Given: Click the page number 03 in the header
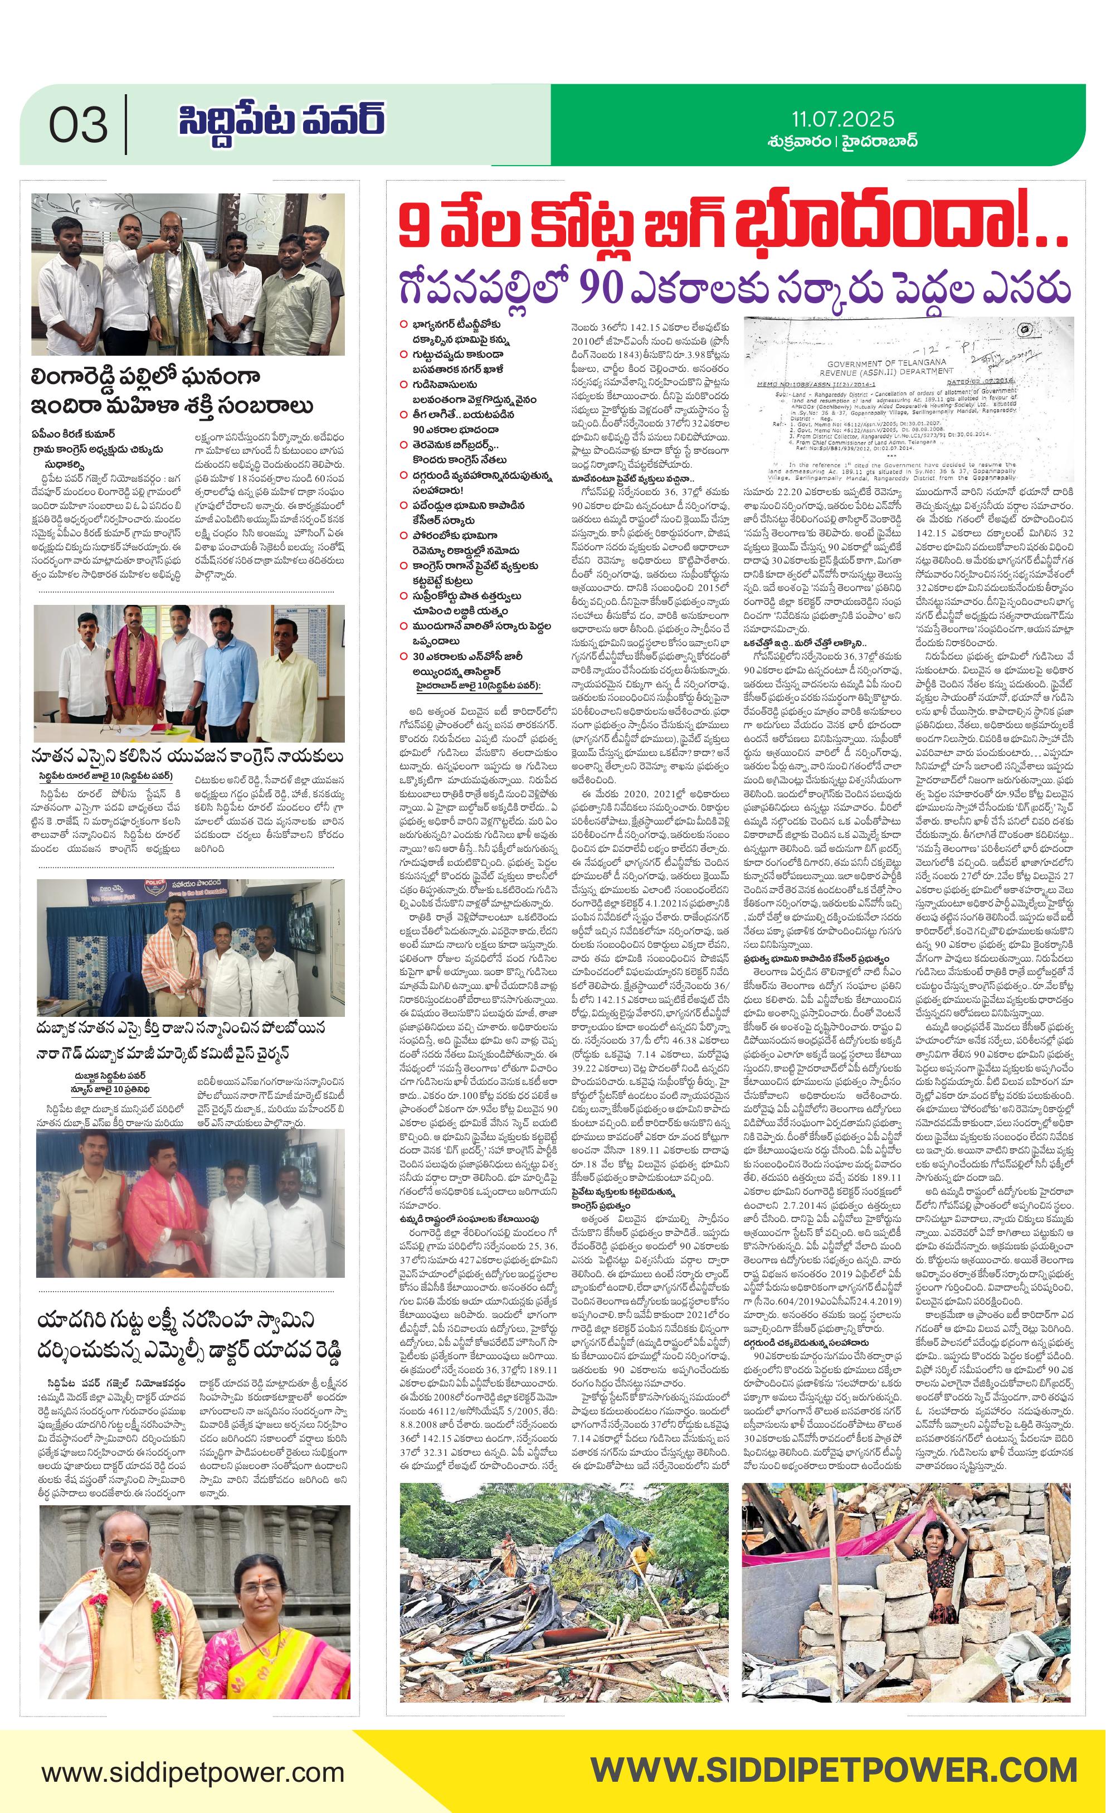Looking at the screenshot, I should click(x=78, y=125).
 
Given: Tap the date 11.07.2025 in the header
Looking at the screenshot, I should click(x=843, y=119).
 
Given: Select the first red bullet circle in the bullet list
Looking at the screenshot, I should click(x=403, y=324).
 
